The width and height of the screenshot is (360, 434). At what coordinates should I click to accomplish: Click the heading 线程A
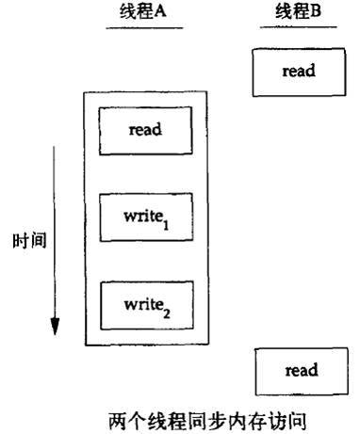pos(144,14)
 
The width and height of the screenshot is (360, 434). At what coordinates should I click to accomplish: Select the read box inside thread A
pos(145,131)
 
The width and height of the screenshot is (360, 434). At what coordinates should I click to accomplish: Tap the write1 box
pos(145,217)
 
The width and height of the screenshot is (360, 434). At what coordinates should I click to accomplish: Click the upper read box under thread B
pos(297,72)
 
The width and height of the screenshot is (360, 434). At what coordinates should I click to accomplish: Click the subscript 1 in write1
pos(166,223)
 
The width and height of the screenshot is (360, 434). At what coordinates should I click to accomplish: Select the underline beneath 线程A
pos(143,27)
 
